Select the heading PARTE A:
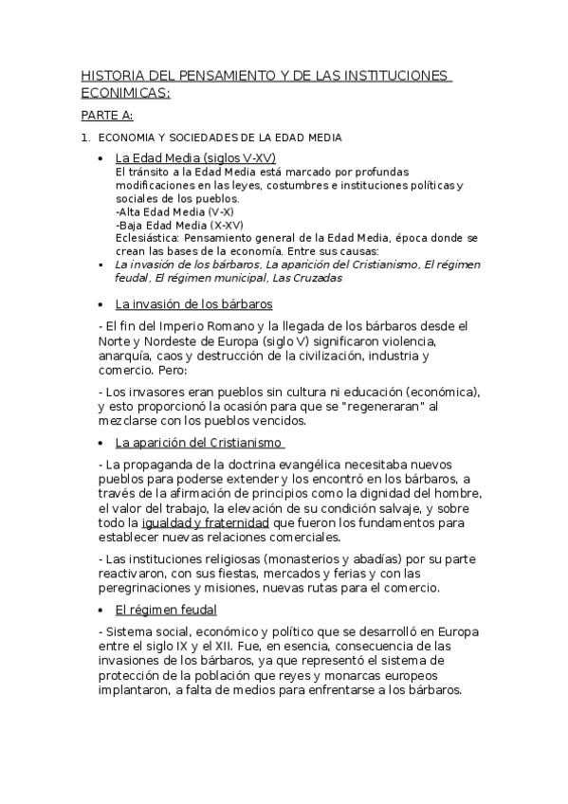(x=106, y=116)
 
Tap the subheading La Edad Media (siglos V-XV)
(x=195, y=158)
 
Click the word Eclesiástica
(x=143, y=238)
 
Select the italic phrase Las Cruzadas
(x=306, y=278)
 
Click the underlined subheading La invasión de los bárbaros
(x=193, y=304)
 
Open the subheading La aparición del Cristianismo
(x=199, y=442)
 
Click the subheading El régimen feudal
(x=166, y=609)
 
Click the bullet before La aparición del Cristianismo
(x=101, y=443)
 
